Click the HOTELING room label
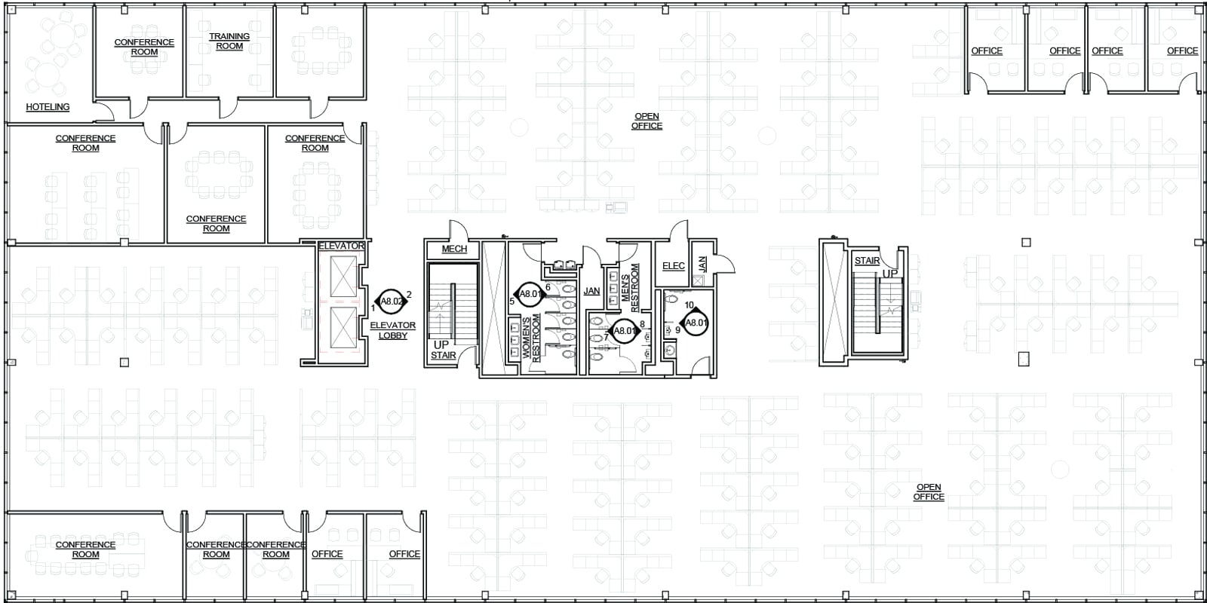coord(48,107)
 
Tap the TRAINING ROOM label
coord(229,41)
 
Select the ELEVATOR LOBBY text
coord(392,330)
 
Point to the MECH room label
coord(454,249)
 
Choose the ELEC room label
coord(673,266)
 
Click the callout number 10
coord(689,305)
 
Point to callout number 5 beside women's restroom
coord(512,301)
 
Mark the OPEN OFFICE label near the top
coord(646,121)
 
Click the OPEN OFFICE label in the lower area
coord(929,492)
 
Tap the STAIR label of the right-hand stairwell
coord(867,262)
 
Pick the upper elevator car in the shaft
coord(342,277)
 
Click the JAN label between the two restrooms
coord(591,291)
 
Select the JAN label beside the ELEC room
coord(702,265)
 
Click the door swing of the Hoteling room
coord(104,112)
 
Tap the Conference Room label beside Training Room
coord(144,47)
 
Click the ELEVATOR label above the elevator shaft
coord(341,246)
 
